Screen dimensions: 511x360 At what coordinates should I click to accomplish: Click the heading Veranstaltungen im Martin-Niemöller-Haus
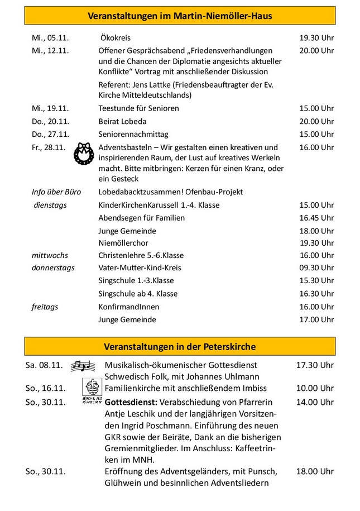(180, 16)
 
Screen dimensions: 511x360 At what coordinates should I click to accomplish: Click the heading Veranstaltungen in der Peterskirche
(180, 346)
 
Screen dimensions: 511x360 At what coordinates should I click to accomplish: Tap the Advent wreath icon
(84, 154)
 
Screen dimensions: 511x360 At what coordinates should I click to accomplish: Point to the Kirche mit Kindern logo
(92, 391)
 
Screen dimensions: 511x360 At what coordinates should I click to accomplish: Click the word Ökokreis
(116, 38)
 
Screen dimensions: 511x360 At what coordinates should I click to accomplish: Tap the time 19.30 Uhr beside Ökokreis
(316, 38)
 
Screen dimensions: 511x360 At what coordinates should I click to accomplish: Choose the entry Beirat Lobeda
(122, 121)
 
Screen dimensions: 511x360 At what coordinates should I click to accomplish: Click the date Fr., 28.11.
(48, 147)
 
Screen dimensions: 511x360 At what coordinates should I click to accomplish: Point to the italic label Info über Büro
(56, 192)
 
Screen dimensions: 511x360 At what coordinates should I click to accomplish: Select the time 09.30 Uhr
(316, 268)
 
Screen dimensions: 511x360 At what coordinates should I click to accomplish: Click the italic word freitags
(45, 307)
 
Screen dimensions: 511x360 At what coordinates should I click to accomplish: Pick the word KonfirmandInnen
(129, 307)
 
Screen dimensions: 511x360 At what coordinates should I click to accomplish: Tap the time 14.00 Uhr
(315, 402)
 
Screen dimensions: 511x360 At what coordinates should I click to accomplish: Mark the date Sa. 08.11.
(44, 365)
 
